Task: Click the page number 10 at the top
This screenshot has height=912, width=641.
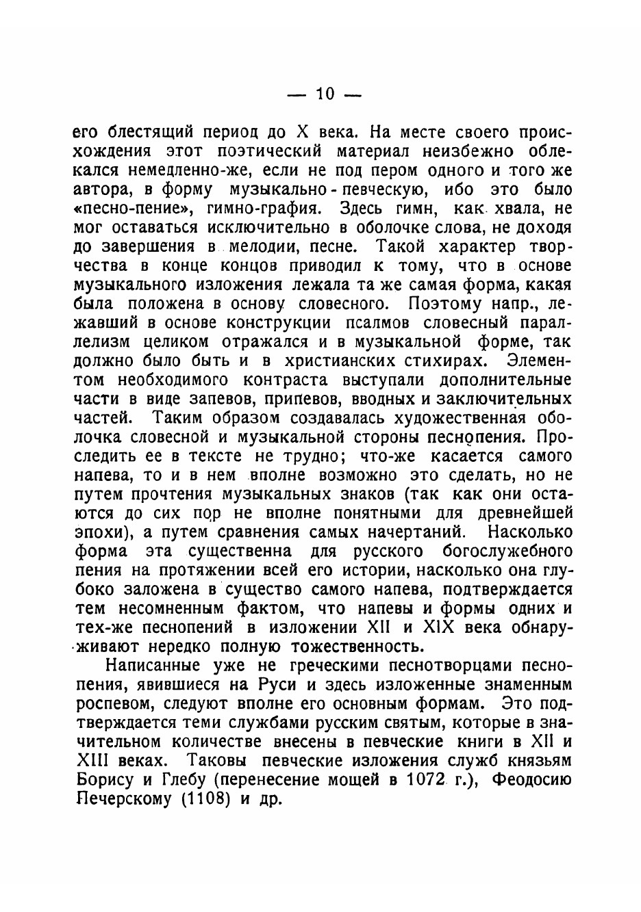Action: tap(325, 94)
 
